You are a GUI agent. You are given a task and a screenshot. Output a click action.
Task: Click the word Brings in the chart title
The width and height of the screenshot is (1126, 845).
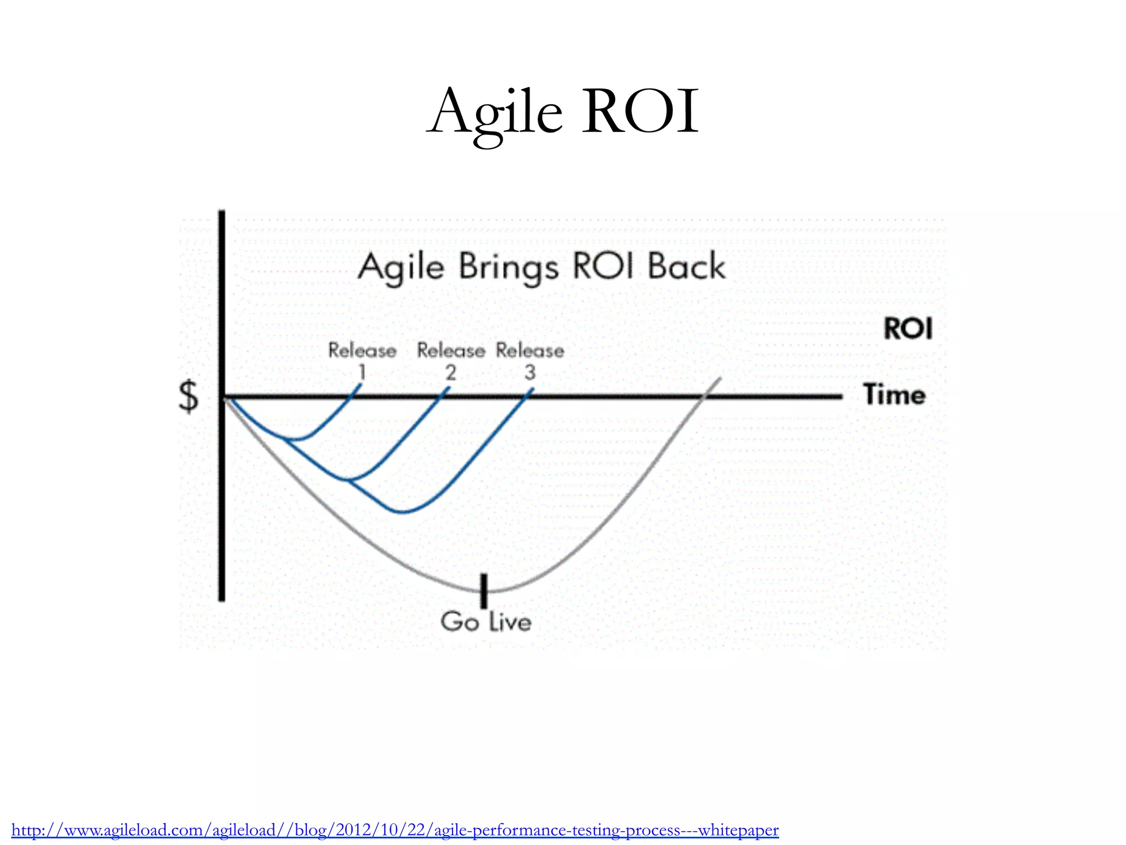click(509, 268)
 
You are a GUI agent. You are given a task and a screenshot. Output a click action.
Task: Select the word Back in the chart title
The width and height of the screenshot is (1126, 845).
click(686, 267)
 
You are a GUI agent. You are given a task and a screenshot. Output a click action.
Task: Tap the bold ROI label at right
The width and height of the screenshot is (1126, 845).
click(908, 329)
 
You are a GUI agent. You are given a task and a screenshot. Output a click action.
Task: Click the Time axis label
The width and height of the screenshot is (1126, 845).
click(894, 395)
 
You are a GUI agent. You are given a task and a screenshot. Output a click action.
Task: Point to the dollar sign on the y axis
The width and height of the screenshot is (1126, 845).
click(189, 396)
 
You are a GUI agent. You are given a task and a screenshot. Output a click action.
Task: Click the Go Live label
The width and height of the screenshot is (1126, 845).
click(486, 622)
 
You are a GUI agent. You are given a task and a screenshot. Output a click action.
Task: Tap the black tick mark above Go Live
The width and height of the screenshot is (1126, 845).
click(484, 590)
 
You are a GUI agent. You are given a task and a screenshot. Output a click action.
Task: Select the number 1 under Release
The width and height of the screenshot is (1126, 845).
click(362, 373)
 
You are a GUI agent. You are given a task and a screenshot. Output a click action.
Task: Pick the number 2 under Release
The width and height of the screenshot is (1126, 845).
click(451, 373)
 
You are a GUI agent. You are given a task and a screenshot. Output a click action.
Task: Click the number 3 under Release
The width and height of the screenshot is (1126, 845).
click(529, 373)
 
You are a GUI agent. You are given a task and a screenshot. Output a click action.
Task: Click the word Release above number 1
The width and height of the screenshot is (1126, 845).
click(362, 351)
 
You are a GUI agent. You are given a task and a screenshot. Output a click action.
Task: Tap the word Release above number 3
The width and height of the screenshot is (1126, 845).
click(529, 351)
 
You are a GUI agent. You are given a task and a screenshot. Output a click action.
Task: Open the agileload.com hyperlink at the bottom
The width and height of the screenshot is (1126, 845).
click(395, 830)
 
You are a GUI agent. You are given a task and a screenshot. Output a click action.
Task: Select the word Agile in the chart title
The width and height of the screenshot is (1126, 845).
click(401, 268)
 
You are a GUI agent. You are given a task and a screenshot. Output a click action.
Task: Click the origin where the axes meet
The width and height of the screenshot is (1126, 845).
click(222, 397)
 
